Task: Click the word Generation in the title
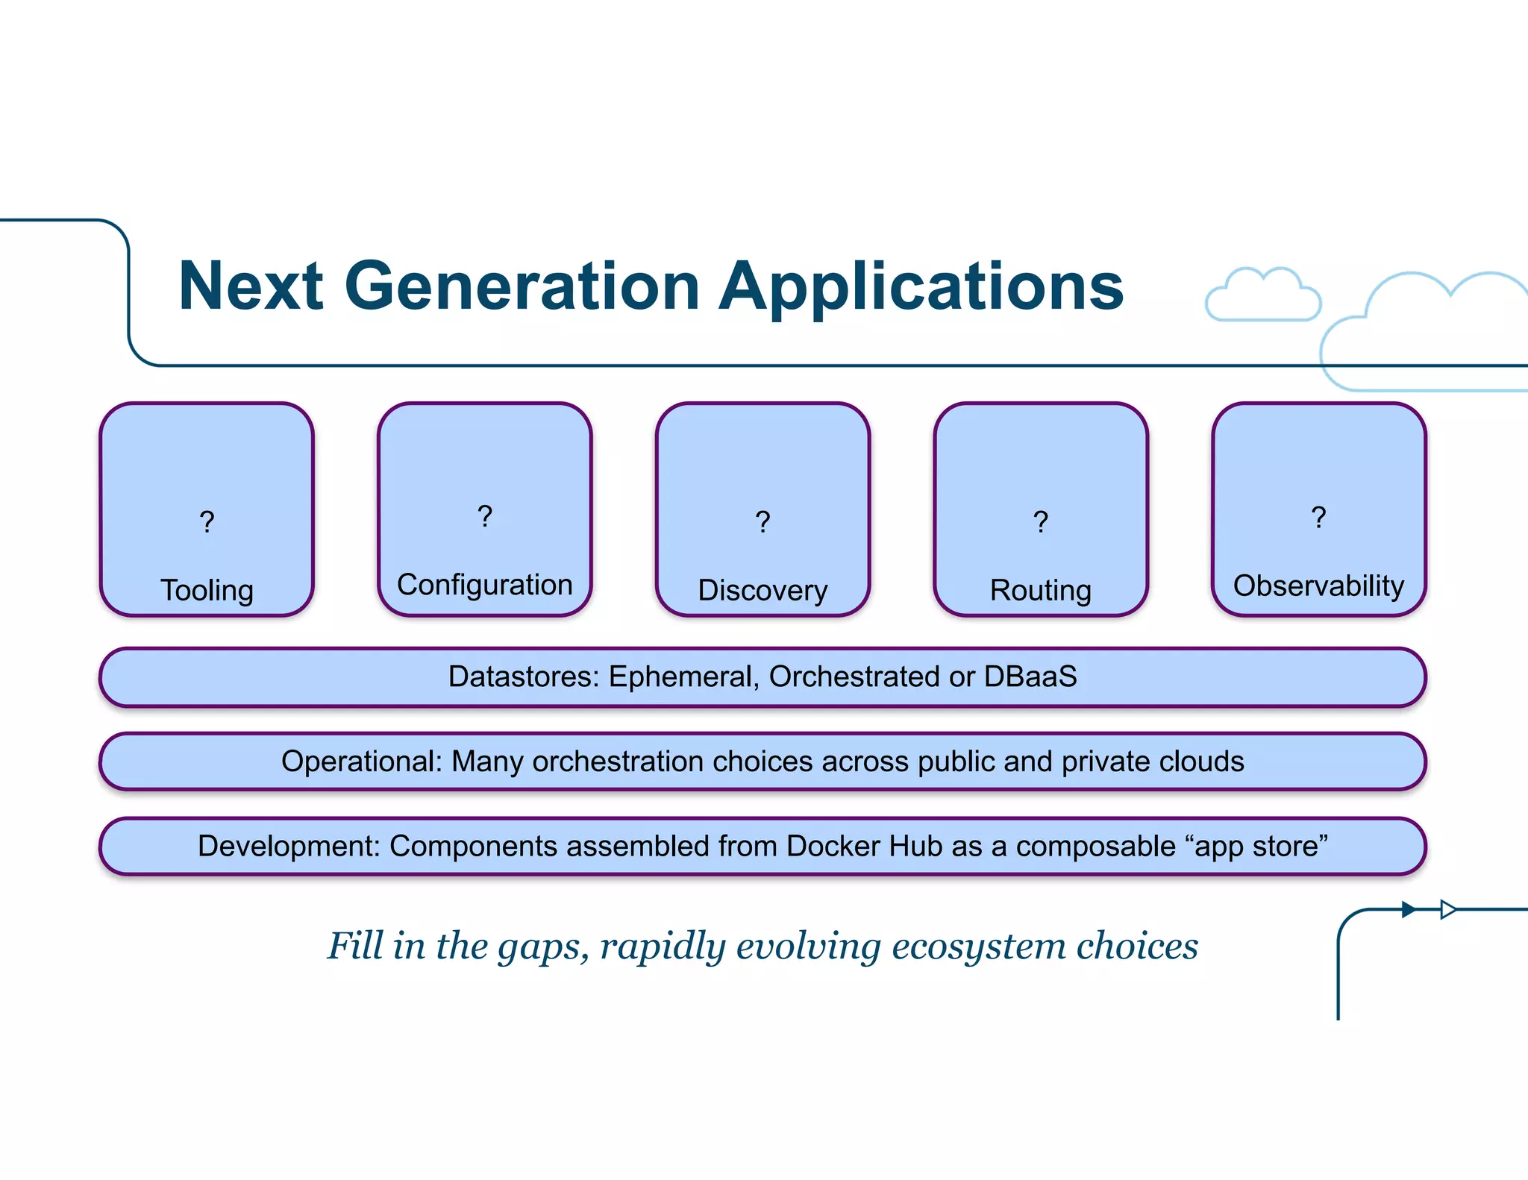pyautogui.click(x=522, y=286)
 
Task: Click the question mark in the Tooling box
pyautogui.click(x=207, y=521)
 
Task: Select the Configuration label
pyautogui.click(x=485, y=585)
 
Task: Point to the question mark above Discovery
pyautogui.click(x=763, y=521)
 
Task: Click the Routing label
pyautogui.click(x=1040, y=590)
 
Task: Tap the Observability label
pyautogui.click(x=1318, y=586)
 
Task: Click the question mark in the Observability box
pyautogui.click(x=1318, y=517)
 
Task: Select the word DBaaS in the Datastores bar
pyautogui.click(x=1030, y=677)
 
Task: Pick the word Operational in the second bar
pyautogui.click(x=362, y=762)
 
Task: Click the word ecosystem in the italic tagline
pyautogui.click(x=979, y=946)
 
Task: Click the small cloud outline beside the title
pyautogui.click(x=1262, y=297)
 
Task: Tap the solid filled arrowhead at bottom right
pyautogui.click(x=1409, y=909)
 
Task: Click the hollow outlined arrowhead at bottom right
pyautogui.click(x=1448, y=909)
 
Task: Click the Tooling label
pyautogui.click(x=207, y=590)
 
